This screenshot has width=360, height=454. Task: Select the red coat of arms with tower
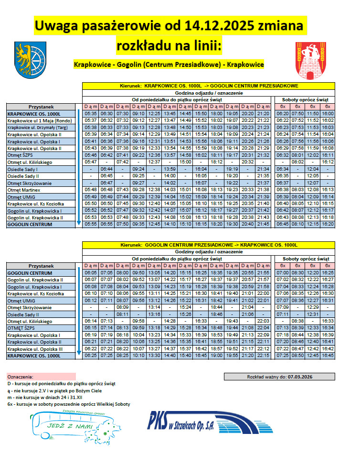(x=311, y=61)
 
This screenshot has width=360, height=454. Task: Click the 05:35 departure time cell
(x=91, y=114)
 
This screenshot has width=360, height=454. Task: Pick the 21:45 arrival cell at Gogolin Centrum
(x=263, y=224)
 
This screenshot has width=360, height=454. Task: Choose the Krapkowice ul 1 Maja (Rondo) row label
(x=40, y=121)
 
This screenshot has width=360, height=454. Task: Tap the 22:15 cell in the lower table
(x=263, y=356)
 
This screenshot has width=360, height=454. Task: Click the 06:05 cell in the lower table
(x=91, y=272)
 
